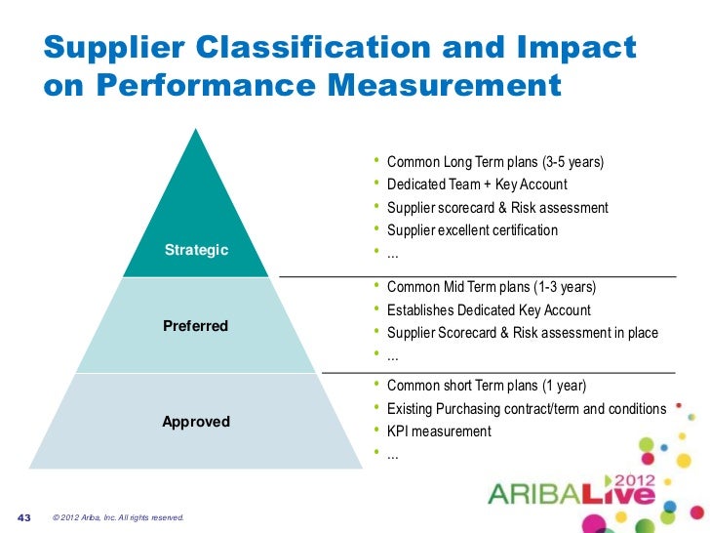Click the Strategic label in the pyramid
[196, 250]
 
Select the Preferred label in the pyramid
[195, 326]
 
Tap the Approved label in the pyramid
[196, 423]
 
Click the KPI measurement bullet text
[439, 431]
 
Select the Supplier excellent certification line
[472, 231]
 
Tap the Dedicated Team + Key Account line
[477, 184]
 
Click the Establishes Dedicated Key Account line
[489, 310]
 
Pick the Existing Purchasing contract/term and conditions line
[527, 408]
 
